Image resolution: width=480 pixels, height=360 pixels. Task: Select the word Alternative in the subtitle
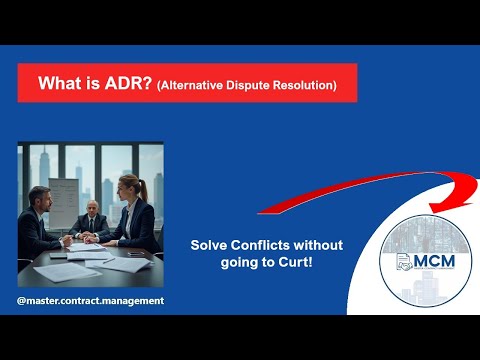[191, 86]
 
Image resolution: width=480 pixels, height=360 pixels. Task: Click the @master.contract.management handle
[90, 301]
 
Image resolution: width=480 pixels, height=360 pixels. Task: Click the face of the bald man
[92, 209]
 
